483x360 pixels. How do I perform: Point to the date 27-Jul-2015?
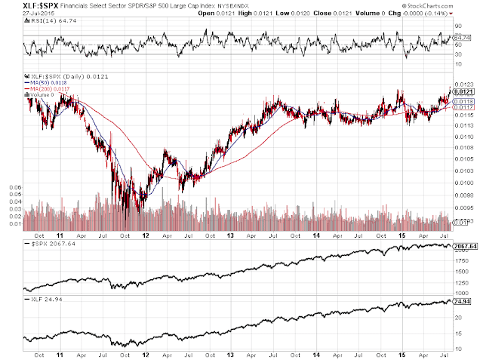(x=18, y=14)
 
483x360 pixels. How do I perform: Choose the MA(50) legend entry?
(x=44, y=83)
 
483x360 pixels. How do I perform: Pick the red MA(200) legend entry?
(x=45, y=89)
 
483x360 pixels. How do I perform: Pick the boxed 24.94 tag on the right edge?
(x=464, y=301)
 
